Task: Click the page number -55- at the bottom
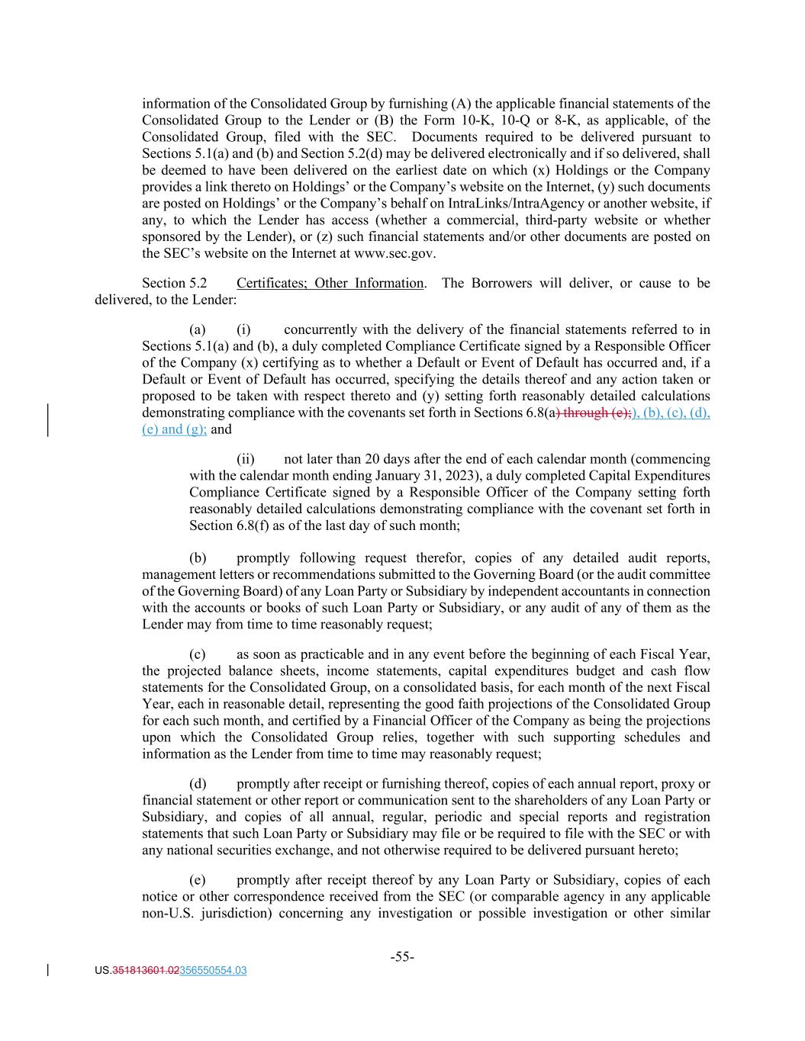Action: click(x=402, y=956)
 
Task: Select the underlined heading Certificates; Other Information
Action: click(x=330, y=283)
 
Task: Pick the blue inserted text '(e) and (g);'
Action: click(x=175, y=429)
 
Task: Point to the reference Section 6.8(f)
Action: click(x=227, y=525)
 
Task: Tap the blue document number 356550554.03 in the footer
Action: click(x=213, y=971)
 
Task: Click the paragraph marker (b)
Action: click(x=198, y=557)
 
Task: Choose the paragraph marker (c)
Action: click(x=198, y=654)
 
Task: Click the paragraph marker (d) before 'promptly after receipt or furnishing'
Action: click(x=198, y=784)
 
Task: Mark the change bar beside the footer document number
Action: click(x=49, y=970)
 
